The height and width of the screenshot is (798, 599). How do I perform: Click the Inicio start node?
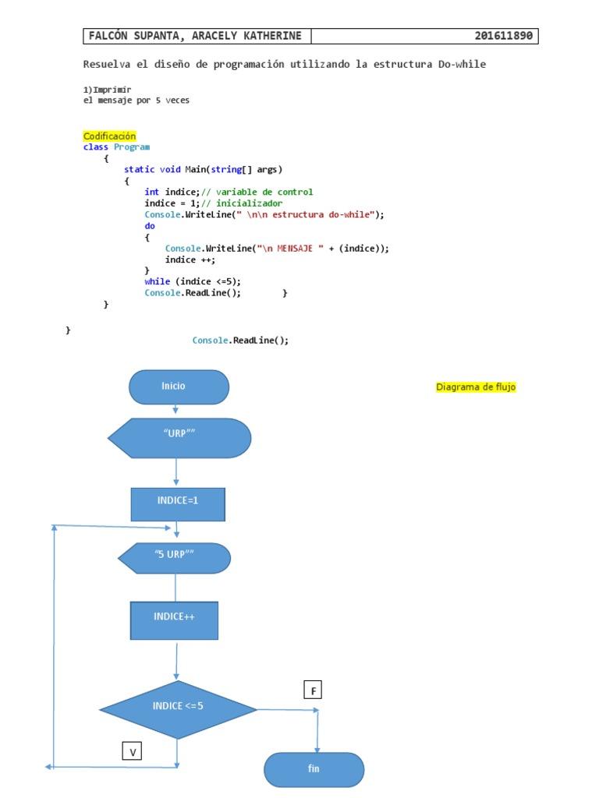pyautogui.click(x=179, y=387)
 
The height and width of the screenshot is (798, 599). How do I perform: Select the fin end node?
pyautogui.click(x=314, y=769)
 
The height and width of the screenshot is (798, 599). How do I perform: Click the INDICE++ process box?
pyautogui.click(x=174, y=620)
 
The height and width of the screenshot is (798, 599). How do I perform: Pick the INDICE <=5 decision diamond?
pyautogui.click(x=178, y=708)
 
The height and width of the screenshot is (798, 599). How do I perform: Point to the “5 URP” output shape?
pyautogui.click(x=175, y=558)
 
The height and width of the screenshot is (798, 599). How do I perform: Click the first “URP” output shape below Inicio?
pyautogui.click(x=179, y=438)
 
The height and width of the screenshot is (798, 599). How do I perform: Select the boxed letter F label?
pyautogui.click(x=313, y=690)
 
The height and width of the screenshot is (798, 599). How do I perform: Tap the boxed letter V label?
pyautogui.click(x=133, y=752)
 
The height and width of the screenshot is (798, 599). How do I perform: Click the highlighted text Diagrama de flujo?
pyautogui.click(x=476, y=387)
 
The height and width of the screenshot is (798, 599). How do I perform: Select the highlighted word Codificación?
pyautogui.click(x=109, y=136)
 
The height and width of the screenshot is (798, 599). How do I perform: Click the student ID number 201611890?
pyautogui.click(x=505, y=37)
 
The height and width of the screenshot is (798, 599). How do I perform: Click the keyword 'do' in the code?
pyautogui.click(x=150, y=226)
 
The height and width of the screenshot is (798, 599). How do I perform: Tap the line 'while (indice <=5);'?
pyautogui.click(x=193, y=281)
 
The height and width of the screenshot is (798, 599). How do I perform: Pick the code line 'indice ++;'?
pyautogui.click(x=190, y=260)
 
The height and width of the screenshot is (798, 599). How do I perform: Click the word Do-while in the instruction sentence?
pyautogui.click(x=460, y=64)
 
